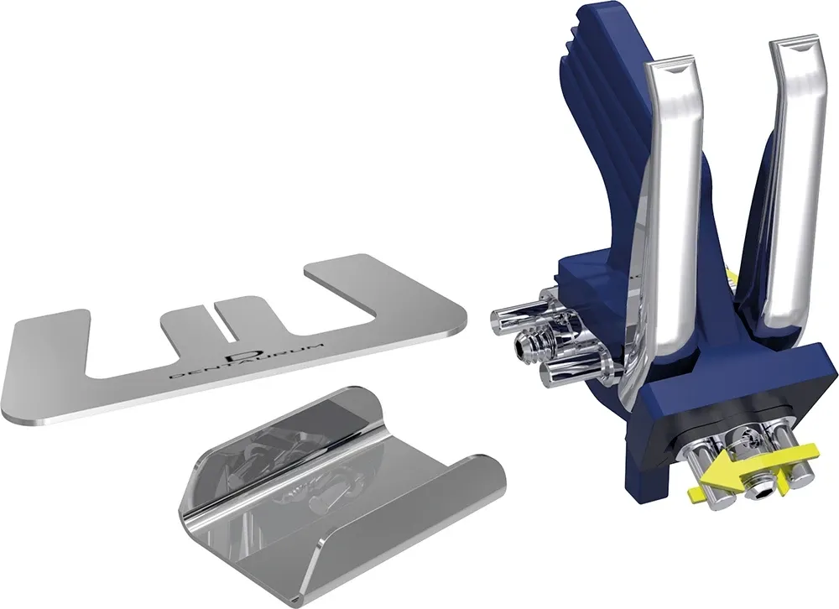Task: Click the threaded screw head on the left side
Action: click(x=528, y=344)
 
